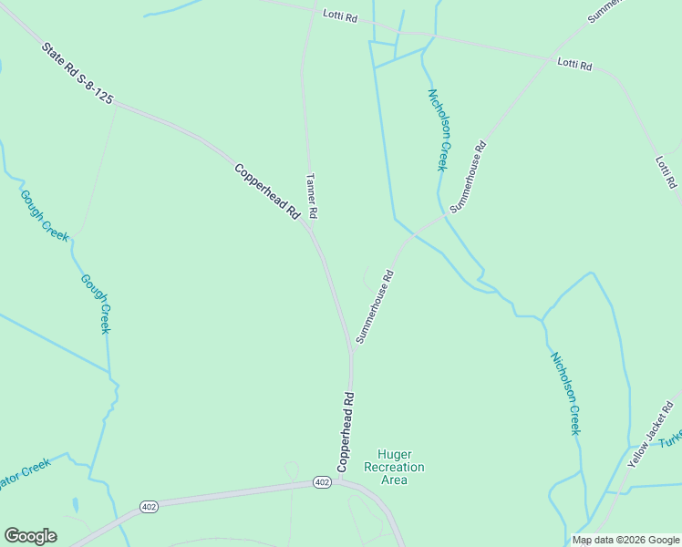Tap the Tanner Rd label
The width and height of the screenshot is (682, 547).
(311, 195)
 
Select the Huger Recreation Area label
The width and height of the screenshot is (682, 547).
(394, 467)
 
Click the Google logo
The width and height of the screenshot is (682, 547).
(30, 536)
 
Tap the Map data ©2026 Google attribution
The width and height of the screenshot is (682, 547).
(625, 540)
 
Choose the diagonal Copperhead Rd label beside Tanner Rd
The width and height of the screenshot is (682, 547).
(267, 190)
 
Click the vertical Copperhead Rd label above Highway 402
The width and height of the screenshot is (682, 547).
(346, 431)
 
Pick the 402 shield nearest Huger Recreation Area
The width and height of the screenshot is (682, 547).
(322, 481)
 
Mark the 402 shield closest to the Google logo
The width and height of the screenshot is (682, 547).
(150, 505)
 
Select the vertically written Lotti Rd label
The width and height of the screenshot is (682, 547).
(666, 171)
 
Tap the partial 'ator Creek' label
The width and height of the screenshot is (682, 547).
(25, 472)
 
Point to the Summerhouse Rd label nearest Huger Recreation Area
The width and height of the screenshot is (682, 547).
(375, 305)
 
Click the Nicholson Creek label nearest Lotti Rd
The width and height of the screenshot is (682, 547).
(438, 129)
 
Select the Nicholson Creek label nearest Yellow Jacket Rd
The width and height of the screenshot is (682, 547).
(563, 393)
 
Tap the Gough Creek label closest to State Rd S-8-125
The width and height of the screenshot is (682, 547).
(44, 215)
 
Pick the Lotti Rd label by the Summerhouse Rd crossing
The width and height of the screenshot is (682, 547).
(574, 66)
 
